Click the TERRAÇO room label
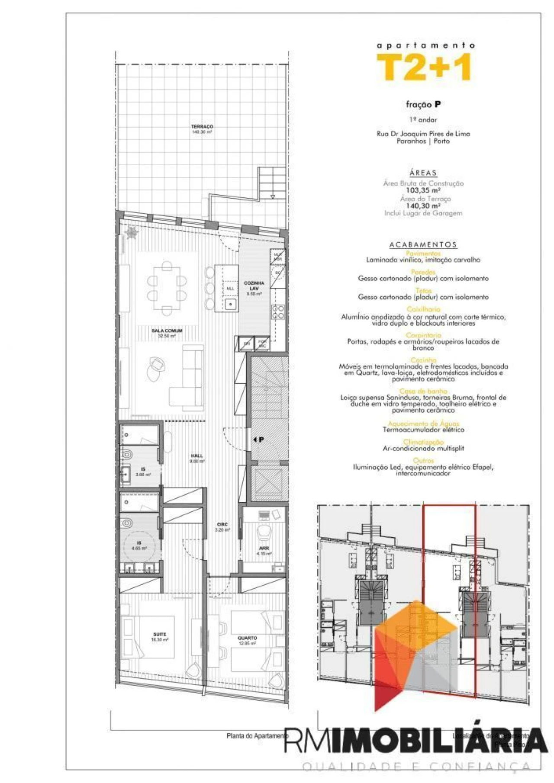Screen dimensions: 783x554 coord(202,129)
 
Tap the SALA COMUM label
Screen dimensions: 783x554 coord(167,333)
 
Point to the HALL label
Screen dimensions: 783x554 coord(196,458)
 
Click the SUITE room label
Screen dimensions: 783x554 coord(159,636)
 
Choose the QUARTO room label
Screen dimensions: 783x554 coord(247,640)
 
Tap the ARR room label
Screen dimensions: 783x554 coord(264,550)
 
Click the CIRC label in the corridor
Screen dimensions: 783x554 coord(222,526)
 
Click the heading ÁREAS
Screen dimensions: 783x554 coord(423,173)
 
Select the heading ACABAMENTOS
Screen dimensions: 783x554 coord(423,244)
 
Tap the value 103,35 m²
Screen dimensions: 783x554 coord(423,190)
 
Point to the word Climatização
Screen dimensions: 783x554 coord(423,442)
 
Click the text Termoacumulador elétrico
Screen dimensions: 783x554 coord(423,430)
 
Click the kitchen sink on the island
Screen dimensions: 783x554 coord(231,304)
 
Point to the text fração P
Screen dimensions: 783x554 coord(423,104)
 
